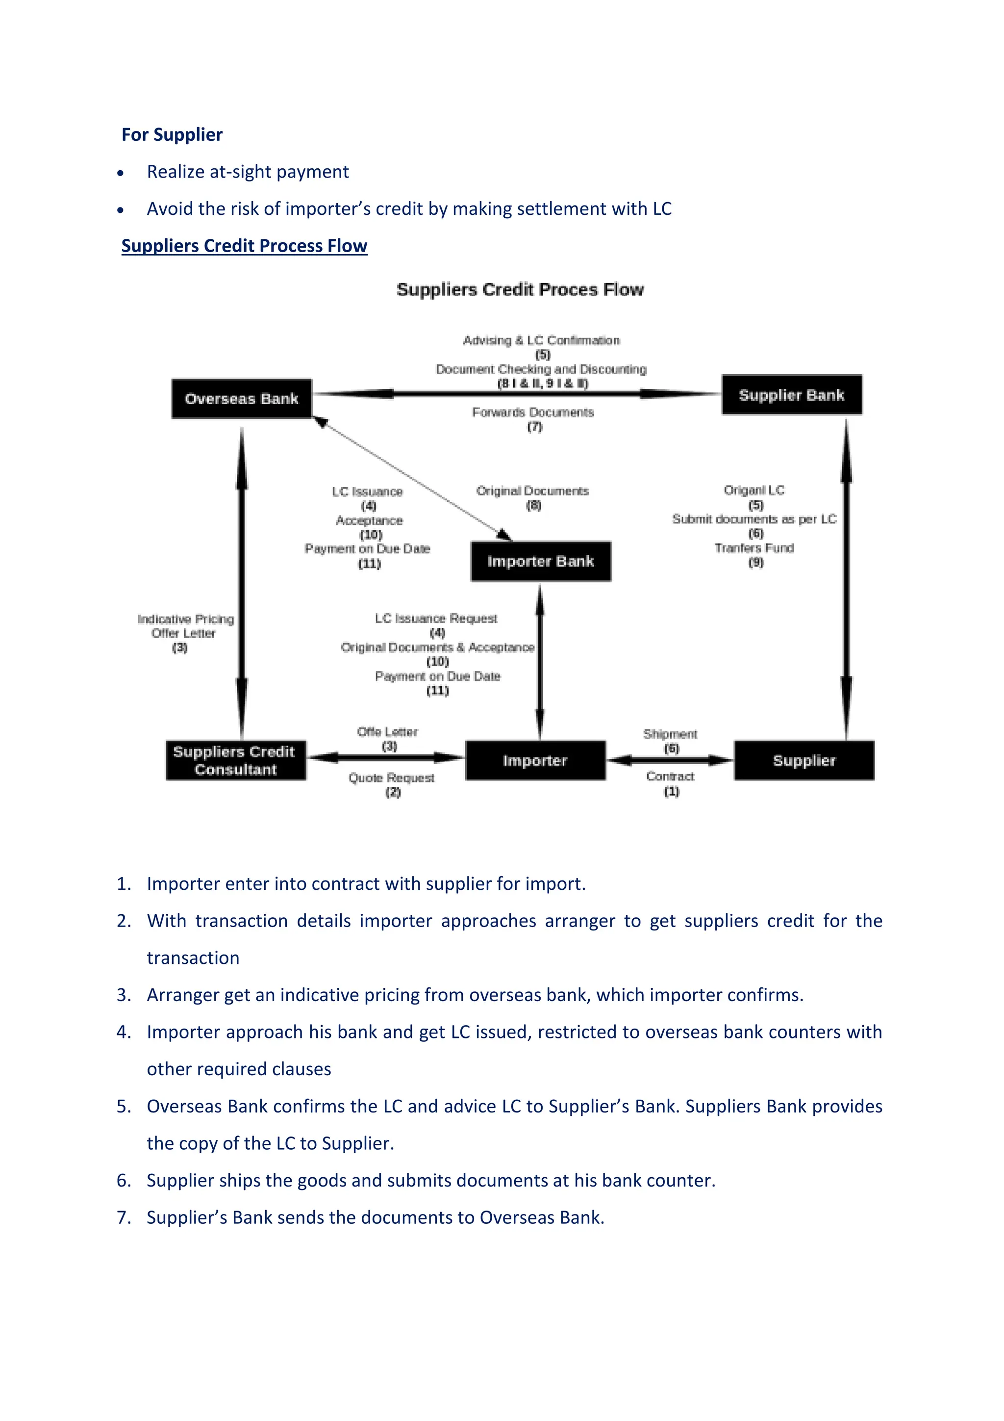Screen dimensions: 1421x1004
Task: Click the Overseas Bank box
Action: point(241,399)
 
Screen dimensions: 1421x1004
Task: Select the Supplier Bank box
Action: point(791,395)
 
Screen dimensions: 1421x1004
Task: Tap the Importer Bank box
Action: point(540,561)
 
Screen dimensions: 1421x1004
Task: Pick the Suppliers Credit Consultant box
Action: point(235,760)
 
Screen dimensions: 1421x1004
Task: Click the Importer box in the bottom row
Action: point(535,760)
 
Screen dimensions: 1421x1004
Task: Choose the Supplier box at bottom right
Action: point(803,760)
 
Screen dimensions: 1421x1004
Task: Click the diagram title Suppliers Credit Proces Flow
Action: point(520,290)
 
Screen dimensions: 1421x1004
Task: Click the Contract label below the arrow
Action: point(670,776)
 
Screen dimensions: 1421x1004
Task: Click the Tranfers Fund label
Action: point(753,548)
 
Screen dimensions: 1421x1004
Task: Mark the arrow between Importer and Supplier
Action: point(670,759)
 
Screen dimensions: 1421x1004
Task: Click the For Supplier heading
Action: point(172,134)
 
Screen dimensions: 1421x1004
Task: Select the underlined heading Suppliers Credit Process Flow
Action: point(244,246)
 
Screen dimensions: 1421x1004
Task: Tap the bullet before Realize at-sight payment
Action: point(121,173)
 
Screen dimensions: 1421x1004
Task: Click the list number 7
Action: point(123,1217)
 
